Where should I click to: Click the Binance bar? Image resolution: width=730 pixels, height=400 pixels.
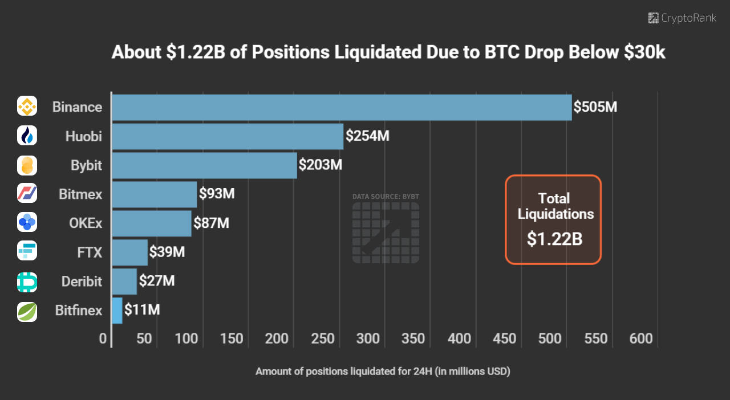pyautogui.click(x=342, y=107)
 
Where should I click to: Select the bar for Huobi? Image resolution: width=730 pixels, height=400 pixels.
pyautogui.click(x=228, y=136)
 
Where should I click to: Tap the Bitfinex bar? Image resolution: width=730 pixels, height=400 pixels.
pyautogui.click(x=117, y=311)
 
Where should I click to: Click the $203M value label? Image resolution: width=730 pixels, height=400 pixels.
pyautogui.click(x=321, y=165)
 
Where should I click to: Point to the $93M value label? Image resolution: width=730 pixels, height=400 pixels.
pyautogui.click(x=217, y=194)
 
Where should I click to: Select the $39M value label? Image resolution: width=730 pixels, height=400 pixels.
pyautogui.click(x=167, y=252)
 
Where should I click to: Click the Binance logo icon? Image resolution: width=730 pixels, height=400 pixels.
pyautogui.click(x=27, y=106)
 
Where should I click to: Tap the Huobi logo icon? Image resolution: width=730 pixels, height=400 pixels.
pyautogui.click(x=27, y=135)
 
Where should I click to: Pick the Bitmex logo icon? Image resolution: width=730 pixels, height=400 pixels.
pyautogui.click(x=27, y=193)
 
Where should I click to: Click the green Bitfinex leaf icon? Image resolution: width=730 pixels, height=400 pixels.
pyautogui.click(x=27, y=312)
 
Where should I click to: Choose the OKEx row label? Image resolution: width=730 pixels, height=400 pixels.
pyautogui.click(x=85, y=223)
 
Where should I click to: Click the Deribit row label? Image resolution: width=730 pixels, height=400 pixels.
pyautogui.click(x=82, y=281)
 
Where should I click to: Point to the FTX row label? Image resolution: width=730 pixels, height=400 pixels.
pyautogui.click(x=90, y=252)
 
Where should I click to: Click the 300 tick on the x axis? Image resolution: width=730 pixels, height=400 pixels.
pyautogui.click(x=368, y=339)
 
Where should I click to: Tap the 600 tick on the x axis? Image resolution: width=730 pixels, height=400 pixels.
pyautogui.click(x=641, y=339)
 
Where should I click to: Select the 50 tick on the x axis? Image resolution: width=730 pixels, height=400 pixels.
pyautogui.click(x=144, y=339)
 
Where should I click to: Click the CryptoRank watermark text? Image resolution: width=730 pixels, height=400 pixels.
pyautogui.click(x=688, y=18)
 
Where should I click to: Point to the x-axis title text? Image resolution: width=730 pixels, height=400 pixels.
pyautogui.click(x=383, y=372)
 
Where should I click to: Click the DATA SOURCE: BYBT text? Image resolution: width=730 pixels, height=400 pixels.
pyautogui.click(x=386, y=197)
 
